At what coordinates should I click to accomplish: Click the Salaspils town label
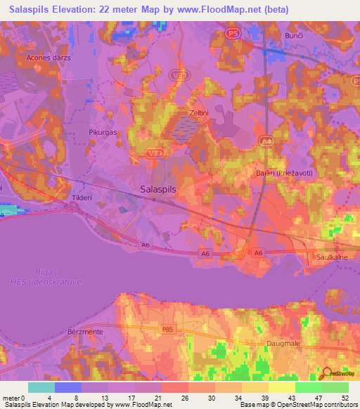[x=158, y=189]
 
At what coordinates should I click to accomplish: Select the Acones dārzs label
[x=48, y=57]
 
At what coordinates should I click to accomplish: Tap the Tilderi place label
[x=82, y=198]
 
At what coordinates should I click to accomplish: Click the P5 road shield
[x=234, y=32]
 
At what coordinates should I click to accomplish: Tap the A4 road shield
[x=265, y=140]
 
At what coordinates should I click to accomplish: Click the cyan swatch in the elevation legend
[x=41, y=387]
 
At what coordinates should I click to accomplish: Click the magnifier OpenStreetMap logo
[x=327, y=375]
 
